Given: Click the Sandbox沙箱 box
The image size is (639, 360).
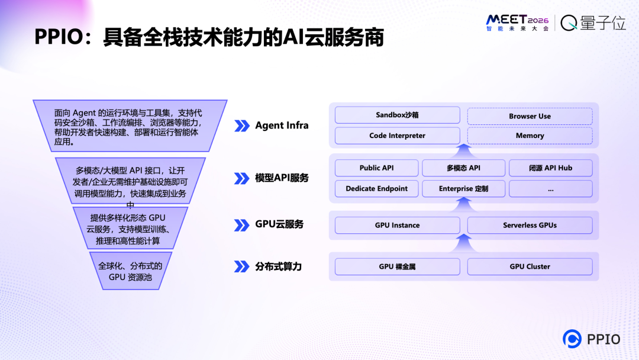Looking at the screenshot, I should click(x=397, y=115).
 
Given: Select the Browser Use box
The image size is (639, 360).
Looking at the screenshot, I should click(x=530, y=116).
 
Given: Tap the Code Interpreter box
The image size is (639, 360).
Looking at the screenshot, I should click(x=397, y=136).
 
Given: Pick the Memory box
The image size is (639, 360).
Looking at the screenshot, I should click(x=530, y=136).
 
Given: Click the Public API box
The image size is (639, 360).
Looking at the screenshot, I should click(x=376, y=168).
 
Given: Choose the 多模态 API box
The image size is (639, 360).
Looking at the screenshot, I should click(x=463, y=168).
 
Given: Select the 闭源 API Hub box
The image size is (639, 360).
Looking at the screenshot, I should click(x=550, y=168).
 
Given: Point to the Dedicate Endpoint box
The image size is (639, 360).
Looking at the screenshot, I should click(x=376, y=189).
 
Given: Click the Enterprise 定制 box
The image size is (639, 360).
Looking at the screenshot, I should click(x=463, y=189).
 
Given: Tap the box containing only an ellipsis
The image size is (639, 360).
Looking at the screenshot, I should click(x=550, y=189).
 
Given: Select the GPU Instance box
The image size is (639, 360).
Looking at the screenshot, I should click(x=397, y=225).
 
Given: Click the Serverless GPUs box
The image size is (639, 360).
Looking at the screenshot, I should click(x=530, y=225).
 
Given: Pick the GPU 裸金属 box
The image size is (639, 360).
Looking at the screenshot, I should click(x=397, y=266).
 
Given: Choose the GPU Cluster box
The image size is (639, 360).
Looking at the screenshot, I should click(x=530, y=266).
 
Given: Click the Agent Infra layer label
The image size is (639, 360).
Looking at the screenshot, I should click(x=282, y=126).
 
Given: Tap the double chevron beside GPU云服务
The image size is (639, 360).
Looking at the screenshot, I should click(x=241, y=225).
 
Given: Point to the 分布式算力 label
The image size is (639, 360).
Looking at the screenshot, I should click(x=278, y=266).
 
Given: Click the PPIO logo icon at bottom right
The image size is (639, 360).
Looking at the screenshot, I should click(x=572, y=339).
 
